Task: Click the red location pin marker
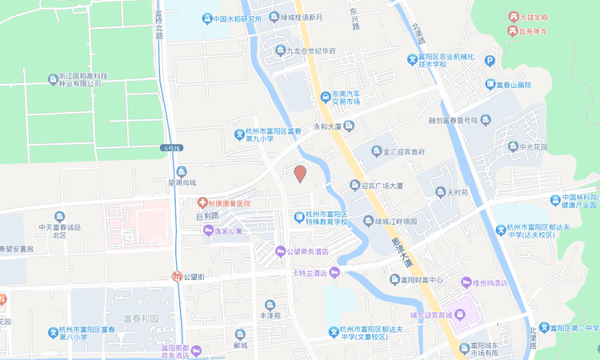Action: (300, 174)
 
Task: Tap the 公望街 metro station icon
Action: (177, 276)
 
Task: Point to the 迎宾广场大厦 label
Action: (381, 186)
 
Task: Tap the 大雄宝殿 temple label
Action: (536, 16)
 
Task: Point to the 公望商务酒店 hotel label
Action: (313, 252)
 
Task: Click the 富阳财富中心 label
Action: (415, 280)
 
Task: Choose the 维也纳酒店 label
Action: (490, 282)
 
